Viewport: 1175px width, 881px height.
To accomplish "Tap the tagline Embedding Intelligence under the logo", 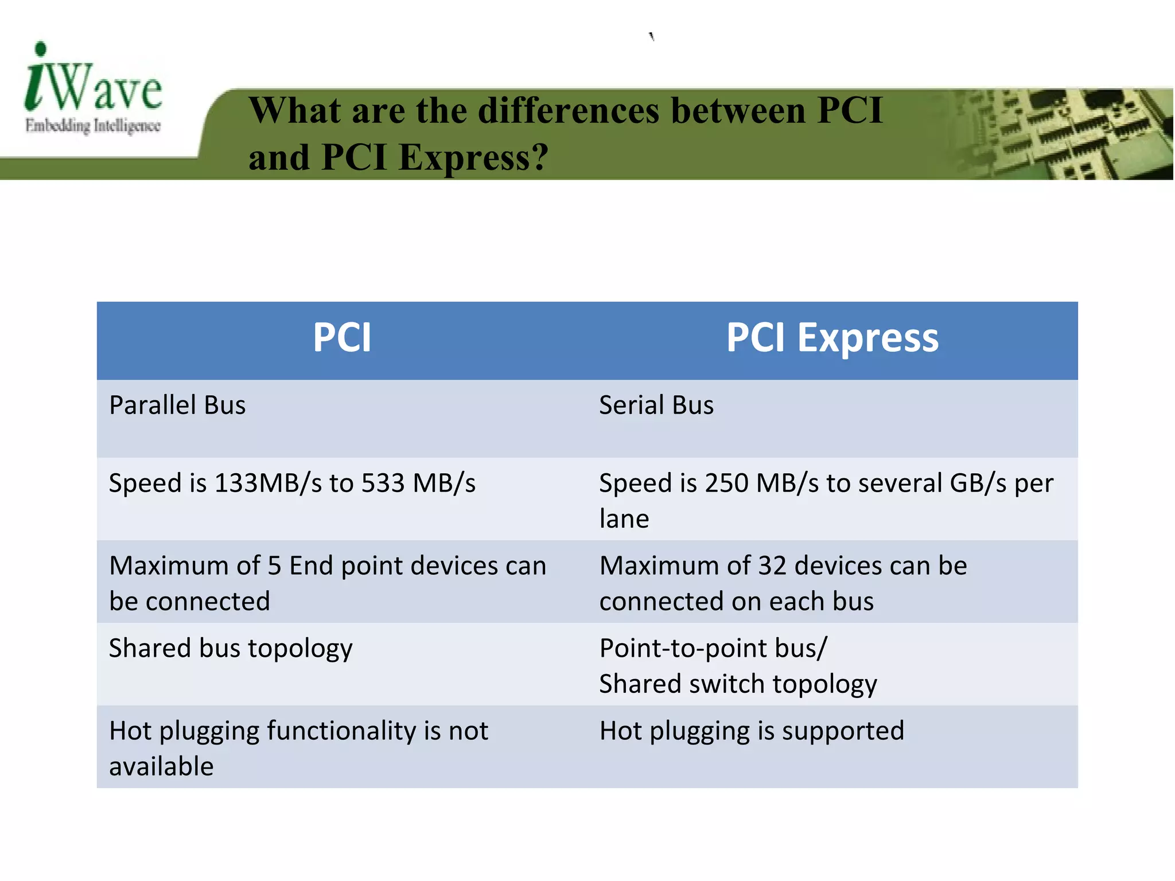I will [92, 126].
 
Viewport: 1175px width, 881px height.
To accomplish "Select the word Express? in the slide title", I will [473, 157].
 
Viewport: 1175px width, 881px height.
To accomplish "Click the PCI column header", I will [342, 338].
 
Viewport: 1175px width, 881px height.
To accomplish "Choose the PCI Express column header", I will [832, 338].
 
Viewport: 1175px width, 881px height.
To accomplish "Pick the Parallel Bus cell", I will [177, 406].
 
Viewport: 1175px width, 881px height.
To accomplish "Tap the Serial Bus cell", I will [656, 406].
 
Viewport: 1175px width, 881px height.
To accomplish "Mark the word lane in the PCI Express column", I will [624, 519].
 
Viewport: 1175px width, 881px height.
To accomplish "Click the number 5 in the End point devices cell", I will [274, 566].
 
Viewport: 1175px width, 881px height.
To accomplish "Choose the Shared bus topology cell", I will [231, 649].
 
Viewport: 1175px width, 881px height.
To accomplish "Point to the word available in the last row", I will [161, 767].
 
